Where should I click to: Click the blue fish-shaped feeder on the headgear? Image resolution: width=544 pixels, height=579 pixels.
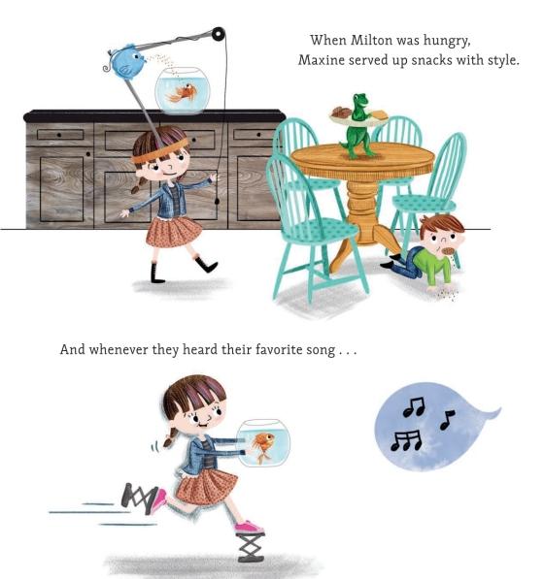click(x=125, y=61)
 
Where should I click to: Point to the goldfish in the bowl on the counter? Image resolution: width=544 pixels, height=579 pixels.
click(x=182, y=92)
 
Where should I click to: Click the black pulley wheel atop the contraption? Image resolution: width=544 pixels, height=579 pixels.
click(x=219, y=34)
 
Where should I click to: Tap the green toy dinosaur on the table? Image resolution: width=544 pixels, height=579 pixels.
click(x=357, y=126)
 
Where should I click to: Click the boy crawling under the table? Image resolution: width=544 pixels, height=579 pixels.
click(x=426, y=251)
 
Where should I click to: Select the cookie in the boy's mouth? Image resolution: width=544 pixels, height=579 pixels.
click(x=448, y=251)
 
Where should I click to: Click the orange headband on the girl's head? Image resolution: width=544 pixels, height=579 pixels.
click(x=159, y=151)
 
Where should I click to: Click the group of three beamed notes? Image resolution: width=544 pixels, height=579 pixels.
click(x=406, y=441)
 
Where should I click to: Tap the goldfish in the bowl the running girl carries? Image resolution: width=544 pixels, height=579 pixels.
click(x=264, y=446)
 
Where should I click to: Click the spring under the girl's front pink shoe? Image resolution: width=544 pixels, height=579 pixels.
click(x=251, y=547)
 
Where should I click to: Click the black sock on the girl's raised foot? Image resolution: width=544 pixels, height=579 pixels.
click(x=206, y=264)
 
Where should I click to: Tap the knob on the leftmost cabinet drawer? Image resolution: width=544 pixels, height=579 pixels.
click(x=59, y=135)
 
